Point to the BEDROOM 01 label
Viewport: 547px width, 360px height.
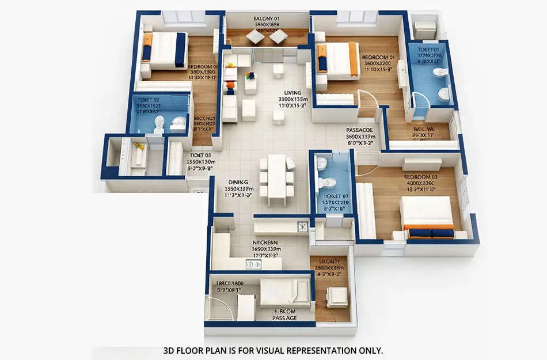click(378, 58)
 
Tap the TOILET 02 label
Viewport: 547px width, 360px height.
click(149, 100)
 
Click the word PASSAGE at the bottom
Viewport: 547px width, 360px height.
click(285, 317)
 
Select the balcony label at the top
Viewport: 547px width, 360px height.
click(266, 19)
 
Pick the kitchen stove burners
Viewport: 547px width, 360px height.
click(253, 264)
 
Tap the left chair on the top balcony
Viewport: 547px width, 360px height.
click(254, 37)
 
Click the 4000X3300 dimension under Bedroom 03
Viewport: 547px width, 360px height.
click(420, 184)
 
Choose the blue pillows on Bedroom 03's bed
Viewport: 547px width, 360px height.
click(432, 233)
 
